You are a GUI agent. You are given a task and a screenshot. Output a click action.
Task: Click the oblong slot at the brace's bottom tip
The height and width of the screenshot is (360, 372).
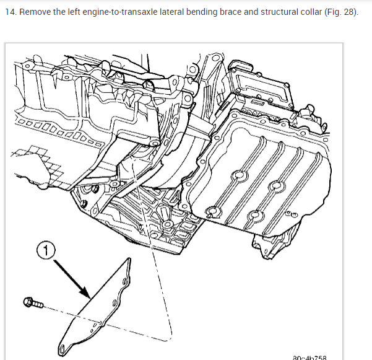coord(66,346)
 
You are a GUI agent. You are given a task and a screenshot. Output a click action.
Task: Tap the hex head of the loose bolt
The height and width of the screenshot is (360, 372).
coord(27,302)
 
